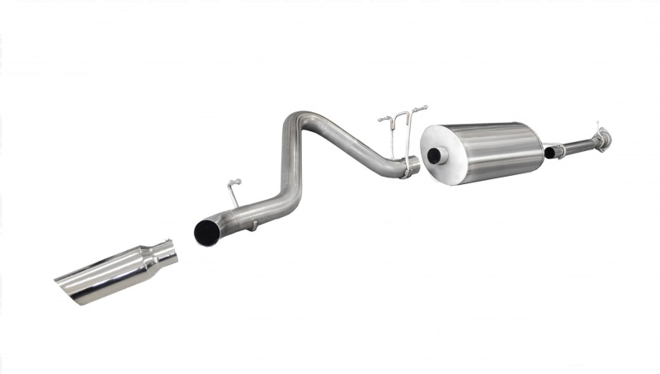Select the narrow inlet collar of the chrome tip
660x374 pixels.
[x=167, y=252]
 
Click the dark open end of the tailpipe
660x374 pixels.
[x=205, y=231]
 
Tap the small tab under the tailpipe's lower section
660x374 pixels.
[x=255, y=224]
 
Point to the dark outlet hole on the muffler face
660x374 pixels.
[x=434, y=157]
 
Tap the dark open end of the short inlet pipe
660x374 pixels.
[x=549, y=153]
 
